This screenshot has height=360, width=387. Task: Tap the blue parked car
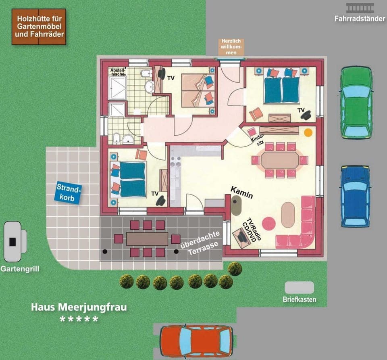tap(355, 196)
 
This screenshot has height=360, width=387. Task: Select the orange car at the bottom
tap(196, 341)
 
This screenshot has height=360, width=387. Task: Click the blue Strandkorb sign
tap(69, 192)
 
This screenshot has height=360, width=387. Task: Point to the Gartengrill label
tap(20, 269)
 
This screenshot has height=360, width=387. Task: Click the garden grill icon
tap(15, 241)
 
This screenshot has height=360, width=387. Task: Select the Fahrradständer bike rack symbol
tap(360, 8)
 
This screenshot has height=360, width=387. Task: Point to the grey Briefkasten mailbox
tap(299, 287)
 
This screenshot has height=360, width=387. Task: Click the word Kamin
tap(242, 193)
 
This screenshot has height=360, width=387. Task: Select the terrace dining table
tap(147, 239)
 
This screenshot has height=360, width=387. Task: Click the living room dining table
tap(280, 160)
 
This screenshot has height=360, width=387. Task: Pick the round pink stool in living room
tap(268, 223)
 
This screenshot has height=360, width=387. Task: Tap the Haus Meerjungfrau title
tap(79, 307)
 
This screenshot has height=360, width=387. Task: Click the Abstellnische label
tap(118, 72)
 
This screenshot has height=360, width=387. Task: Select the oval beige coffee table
tap(288, 214)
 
